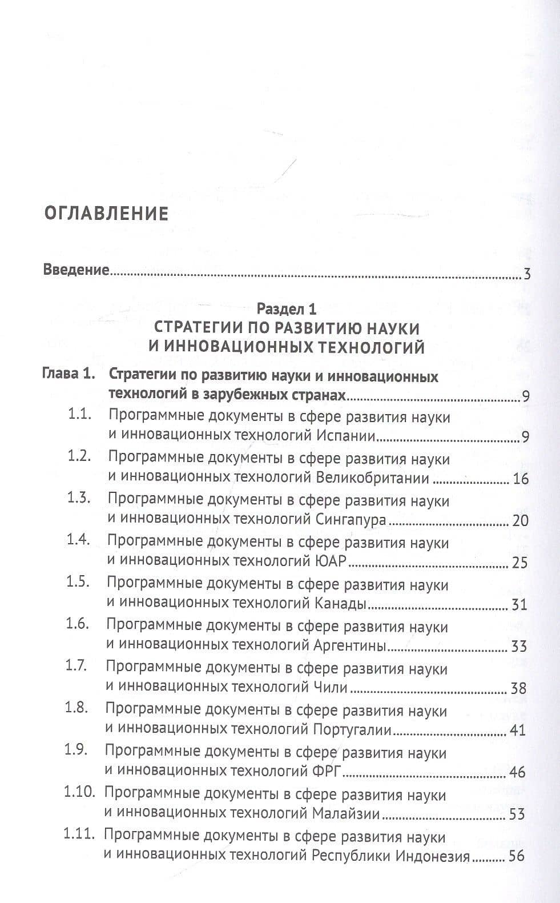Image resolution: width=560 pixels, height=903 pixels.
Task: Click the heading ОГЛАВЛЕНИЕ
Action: (106, 214)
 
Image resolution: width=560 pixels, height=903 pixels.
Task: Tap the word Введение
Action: (76, 270)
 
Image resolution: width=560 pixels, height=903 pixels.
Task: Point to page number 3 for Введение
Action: (527, 275)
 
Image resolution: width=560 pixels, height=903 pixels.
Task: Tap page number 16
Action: (521, 479)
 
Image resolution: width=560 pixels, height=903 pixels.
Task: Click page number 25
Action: (519, 563)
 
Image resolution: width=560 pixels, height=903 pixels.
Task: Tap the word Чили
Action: (331, 688)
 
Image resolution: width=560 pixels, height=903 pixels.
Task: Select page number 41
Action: (517, 731)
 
